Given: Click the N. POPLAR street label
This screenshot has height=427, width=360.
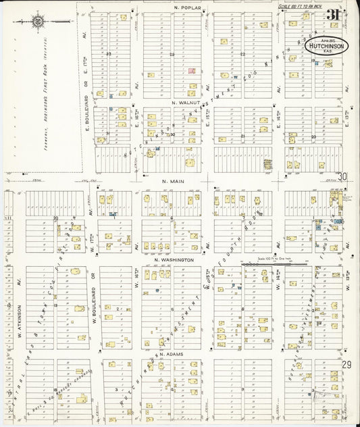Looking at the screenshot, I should click(x=184, y=7).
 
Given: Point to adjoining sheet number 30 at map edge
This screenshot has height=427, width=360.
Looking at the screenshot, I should click(x=343, y=176).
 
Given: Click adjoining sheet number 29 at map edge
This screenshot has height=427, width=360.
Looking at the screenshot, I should click(x=346, y=364).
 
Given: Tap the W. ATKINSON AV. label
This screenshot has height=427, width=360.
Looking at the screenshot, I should click(x=9, y=307).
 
